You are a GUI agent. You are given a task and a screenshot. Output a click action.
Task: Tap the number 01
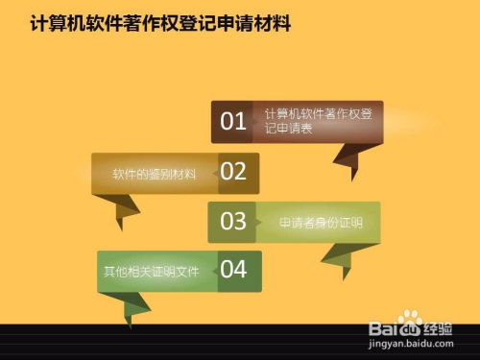[234, 121]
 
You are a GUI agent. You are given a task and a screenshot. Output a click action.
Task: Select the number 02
[234, 172]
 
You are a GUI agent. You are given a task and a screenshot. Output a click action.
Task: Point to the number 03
[233, 222]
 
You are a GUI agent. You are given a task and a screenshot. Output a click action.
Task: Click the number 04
[234, 270]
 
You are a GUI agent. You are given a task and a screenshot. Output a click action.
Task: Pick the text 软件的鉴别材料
[154, 174]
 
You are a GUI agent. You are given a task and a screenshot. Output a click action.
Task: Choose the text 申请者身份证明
[321, 223]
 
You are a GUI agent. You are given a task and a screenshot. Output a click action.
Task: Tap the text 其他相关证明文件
[151, 272]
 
